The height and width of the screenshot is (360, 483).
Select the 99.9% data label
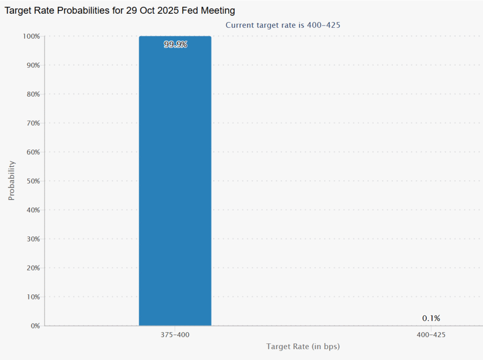tap(175, 45)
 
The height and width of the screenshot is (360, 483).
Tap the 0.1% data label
tap(431, 318)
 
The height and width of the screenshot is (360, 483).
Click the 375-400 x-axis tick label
tap(175, 335)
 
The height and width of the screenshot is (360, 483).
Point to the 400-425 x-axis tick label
tap(431, 335)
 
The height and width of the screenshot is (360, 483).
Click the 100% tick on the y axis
tap(31, 36)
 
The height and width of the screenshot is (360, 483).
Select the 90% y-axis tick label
tap(32, 65)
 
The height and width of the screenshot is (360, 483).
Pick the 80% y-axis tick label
tap(32, 94)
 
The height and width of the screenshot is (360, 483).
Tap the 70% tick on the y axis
tap(32, 123)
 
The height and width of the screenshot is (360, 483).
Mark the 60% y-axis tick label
tap(32, 152)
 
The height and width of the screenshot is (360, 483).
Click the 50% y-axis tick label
tap(32, 181)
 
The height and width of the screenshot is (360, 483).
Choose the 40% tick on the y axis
tap(32, 210)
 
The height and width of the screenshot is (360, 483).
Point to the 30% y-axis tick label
tap(32, 239)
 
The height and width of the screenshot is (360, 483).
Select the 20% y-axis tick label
tap(32, 268)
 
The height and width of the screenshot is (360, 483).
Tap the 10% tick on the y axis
tap(32, 297)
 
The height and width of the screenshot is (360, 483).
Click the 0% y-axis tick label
tap(34, 326)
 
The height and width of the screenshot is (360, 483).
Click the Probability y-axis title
tap(12, 181)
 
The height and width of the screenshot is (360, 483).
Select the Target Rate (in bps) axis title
tap(303, 347)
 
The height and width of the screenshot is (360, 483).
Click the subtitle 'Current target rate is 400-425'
tap(283, 25)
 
